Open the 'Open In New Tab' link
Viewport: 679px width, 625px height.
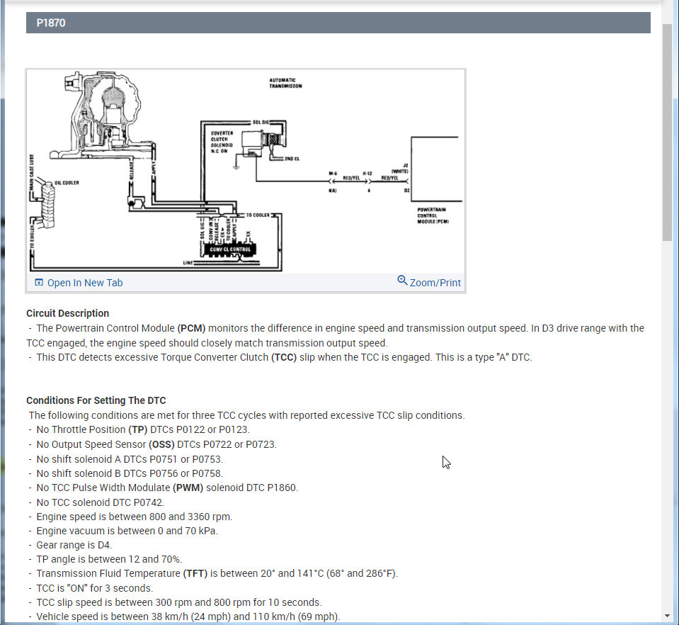point(84,283)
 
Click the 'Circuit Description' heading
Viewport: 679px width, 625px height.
point(67,313)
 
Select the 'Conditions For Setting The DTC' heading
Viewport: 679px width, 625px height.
point(96,400)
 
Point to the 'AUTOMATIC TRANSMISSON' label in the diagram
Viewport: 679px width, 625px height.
point(285,83)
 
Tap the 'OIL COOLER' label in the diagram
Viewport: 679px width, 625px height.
point(67,182)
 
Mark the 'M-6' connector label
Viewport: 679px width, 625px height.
point(333,172)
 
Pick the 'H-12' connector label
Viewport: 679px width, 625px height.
point(367,172)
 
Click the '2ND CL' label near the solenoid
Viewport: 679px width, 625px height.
point(292,159)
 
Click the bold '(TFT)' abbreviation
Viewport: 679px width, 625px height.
point(195,573)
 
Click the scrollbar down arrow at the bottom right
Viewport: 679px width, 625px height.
point(667,616)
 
